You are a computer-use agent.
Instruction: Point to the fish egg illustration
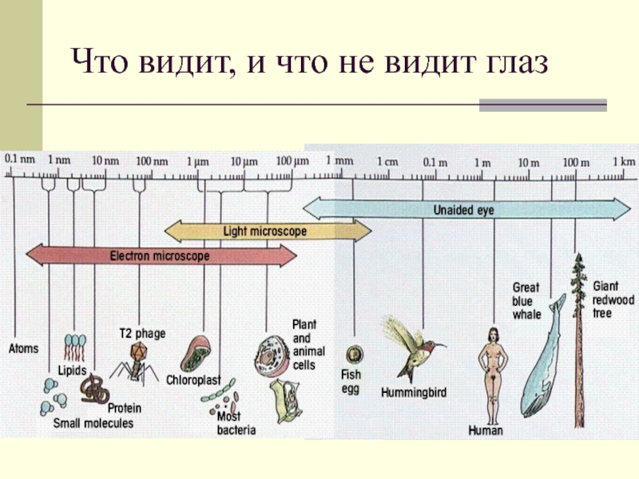pyautogui.click(x=351, y=353)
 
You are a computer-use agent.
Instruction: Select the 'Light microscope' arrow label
pyautogui.click(x=264, y=232)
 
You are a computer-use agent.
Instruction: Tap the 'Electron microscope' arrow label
pyautogui.click(x=160, y=256)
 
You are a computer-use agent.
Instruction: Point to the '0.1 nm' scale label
pyautogui.click(x=20, y=160)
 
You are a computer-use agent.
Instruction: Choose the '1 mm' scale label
pyautogui.click(x=338, y=160)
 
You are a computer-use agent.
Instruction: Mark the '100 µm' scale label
pyautogui.click(x=292, y=161)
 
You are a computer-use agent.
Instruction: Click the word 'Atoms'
pyautogui.click(x=24, y=349)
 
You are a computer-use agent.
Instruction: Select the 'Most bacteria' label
pyautogui.click(x=236, y=423)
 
